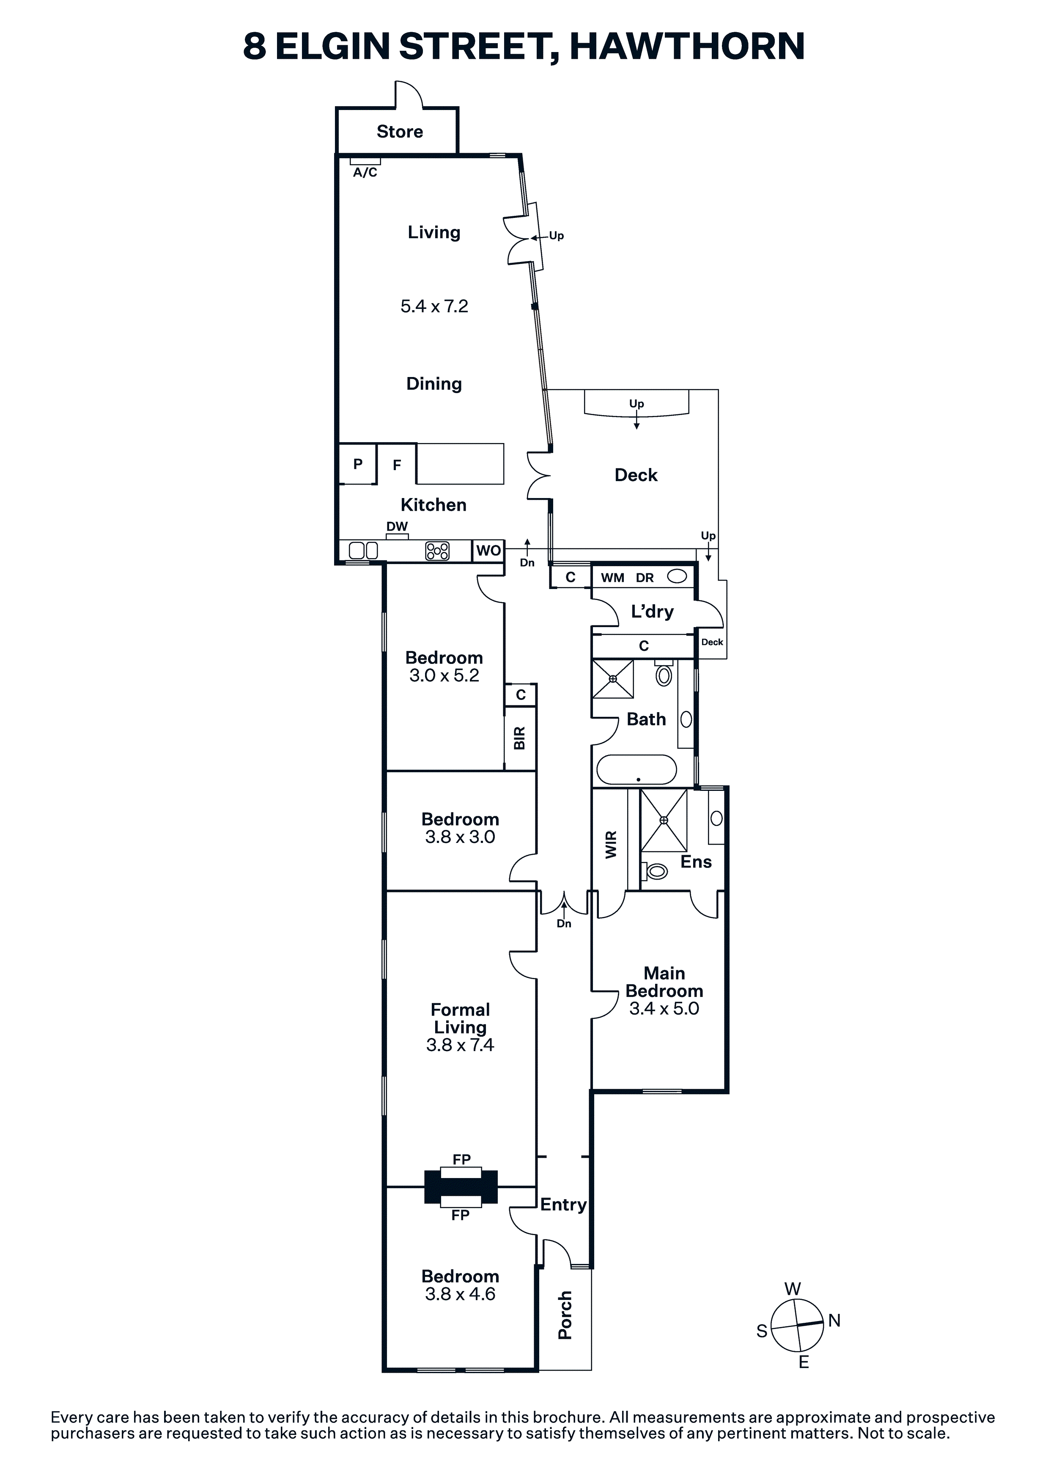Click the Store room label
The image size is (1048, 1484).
pyautogui.click(x=400, y=132)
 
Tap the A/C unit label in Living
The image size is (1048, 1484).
pyautogui.click(x=365, y=173)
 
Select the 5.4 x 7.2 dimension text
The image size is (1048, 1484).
pyautogui.click(x=434, y=306)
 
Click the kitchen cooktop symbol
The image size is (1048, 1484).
pyautogui.click(x=437, y=551)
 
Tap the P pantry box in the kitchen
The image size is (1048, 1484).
pyautogui.click(x=357, y=463)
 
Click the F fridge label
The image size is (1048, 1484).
pyautogui.click(x=397, y=465)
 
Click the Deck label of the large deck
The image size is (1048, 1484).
pyautogui.click(x=636, y=475)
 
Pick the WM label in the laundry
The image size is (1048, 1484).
pyautogui.click(x=612, y=578)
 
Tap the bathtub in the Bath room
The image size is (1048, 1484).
pyautogui.click(x=636, y=770)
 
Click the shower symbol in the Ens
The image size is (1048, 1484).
pyautogui.click(x=664, y=820)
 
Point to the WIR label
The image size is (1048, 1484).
pyautogui.click(x=611, y=844)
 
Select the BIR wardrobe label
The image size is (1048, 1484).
pyautogui.click(x=519, y=738)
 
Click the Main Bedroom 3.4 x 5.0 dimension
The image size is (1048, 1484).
pyautogui.click(x=664, y=1008)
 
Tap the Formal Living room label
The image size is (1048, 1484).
pyautogui.click(x=460, y=1018)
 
